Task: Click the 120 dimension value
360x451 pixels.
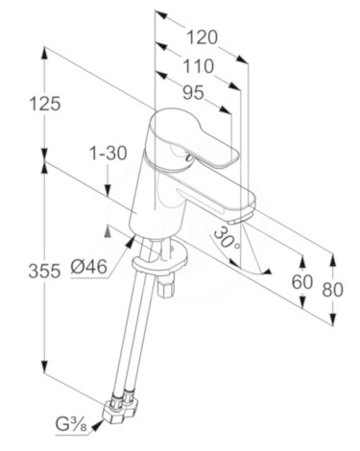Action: (202, 37)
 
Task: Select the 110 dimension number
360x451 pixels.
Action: (198, 66)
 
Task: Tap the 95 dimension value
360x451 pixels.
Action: (193, 93)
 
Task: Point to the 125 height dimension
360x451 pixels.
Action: (45, 104)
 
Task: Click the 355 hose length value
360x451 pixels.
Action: (44, 272)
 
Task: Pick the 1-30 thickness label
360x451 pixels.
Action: (108, 153)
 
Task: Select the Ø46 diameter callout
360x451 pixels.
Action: (88, 266)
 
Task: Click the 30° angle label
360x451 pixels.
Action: (227, 238)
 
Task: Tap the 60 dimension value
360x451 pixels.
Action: (301, 282)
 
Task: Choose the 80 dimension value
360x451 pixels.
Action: (332, 290)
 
